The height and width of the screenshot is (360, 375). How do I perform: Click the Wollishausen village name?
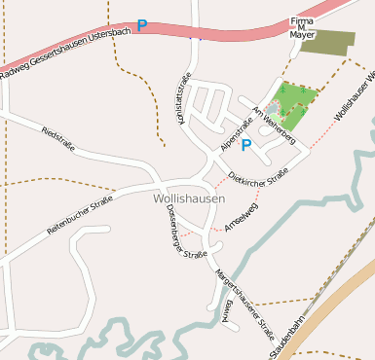coord(189,198)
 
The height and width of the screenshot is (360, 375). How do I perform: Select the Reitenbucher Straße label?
coord(80,215)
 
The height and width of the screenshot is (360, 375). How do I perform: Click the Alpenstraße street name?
coord(237,133)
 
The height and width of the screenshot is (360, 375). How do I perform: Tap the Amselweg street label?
coord(240,216)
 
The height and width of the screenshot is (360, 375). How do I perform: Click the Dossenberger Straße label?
coord(186,233)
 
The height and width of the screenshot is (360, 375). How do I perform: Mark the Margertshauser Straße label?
coord(245,302)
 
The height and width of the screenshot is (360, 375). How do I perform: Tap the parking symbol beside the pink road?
coord(142,26)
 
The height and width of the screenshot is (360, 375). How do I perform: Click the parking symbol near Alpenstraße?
coord(246,146)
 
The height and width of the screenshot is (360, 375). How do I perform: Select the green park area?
coord(295,101)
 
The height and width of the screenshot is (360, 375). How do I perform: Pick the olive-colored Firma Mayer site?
coord(324,42)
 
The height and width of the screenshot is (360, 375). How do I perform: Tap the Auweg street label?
coord(227,312)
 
